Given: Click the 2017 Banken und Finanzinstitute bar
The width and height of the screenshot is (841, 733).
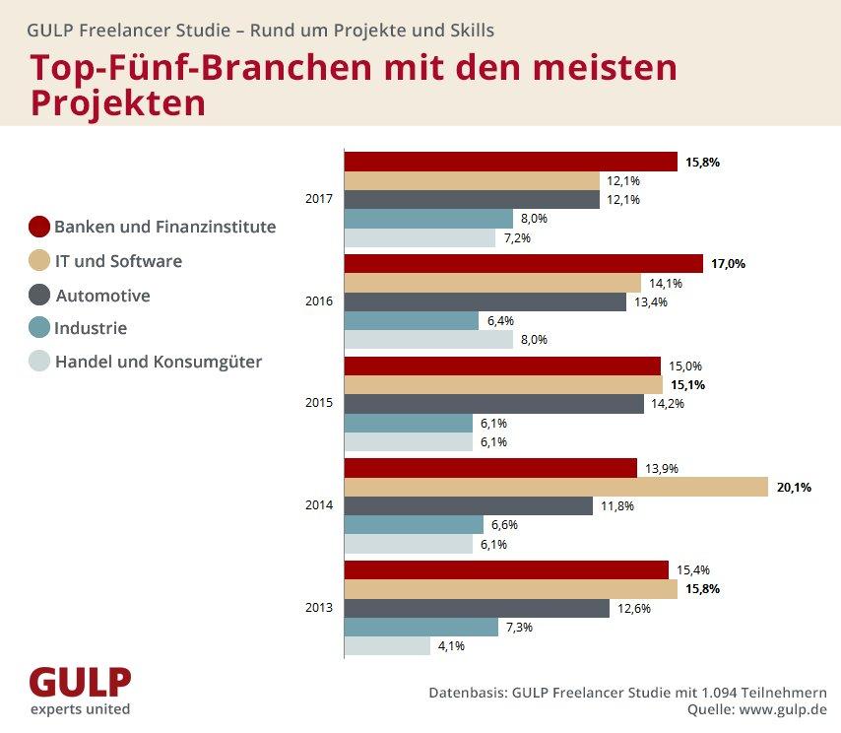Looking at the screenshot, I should coord(510,163).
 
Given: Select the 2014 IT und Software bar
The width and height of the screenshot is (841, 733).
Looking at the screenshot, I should coord(555,487).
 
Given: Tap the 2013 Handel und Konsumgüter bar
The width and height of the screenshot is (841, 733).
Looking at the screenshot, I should coord(387,646).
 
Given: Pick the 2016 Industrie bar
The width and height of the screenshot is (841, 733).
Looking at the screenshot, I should coord(411,321).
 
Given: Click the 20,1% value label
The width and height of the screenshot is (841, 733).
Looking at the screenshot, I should coord(794,487).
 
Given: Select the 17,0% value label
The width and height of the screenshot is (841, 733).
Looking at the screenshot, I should coord(729,264).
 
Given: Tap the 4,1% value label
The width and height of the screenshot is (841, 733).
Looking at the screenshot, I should coord(451,646).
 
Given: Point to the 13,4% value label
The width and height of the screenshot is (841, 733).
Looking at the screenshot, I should coord(651,302).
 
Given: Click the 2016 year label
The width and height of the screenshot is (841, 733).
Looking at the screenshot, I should coord(320,301).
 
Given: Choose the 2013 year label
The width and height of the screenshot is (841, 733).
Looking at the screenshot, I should coord(320,607).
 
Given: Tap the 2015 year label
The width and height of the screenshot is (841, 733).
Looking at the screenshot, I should coord(320,403).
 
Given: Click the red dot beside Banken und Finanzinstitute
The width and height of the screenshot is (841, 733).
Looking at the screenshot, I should coord(39,228).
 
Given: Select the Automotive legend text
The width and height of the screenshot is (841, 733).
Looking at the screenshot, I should coord(102,296).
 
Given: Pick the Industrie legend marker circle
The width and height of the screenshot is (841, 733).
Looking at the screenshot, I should coord(39,328).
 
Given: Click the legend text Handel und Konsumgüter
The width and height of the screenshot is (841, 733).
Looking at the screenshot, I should coord(158,362).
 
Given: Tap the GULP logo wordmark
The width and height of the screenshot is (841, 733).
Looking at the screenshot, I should coord(80,682).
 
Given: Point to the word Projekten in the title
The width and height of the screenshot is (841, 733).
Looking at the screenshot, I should coord(118,101).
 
